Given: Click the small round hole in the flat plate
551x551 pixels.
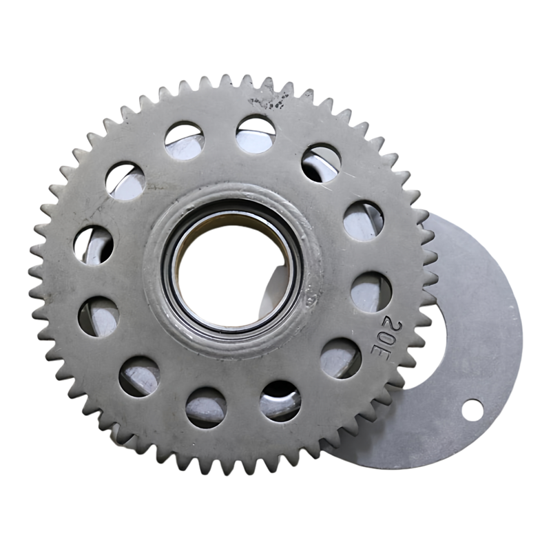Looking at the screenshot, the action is point(472,410).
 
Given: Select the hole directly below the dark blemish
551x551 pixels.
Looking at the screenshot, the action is point(256,136).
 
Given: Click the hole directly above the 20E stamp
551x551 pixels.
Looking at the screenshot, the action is point(371,291).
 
